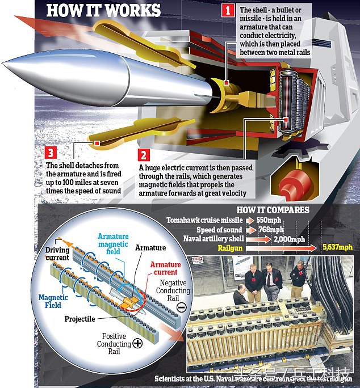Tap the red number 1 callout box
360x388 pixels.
tap(228, 10)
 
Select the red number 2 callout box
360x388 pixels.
tap(145, 155)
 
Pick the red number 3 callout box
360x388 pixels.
tap(51, 151)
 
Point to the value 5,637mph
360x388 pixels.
tap(337, 247)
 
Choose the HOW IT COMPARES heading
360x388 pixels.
tap(273, 210)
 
